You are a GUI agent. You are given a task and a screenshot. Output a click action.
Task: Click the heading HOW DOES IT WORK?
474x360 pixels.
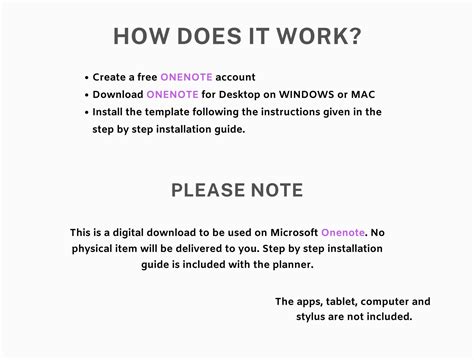237,36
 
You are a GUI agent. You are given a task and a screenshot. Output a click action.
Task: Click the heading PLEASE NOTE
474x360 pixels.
237,190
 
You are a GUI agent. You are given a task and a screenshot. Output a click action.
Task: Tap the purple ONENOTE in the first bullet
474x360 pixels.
179,76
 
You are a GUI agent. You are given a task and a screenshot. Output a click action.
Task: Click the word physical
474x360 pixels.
93,248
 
